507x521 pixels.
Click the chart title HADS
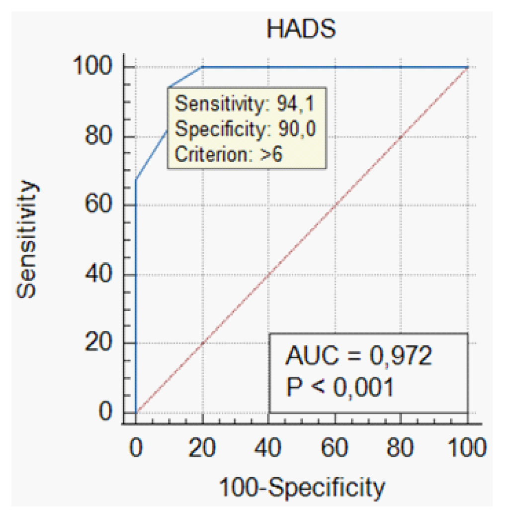[x=301, y=30]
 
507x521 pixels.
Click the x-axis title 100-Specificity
[x=302, y=488]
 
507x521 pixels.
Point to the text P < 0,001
[x=339, y=387]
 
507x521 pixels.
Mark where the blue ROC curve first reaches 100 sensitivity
[x=202, y=67]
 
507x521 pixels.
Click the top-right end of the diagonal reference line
[x=467, y=68]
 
